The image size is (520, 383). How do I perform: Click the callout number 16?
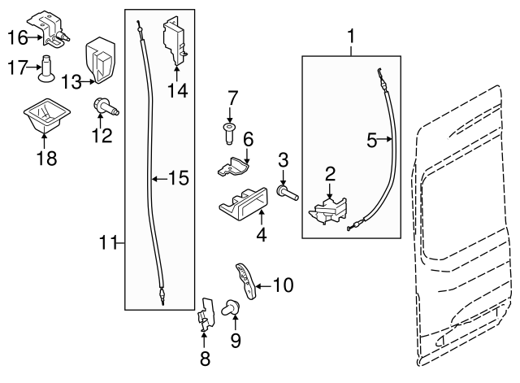[x=17, y=37]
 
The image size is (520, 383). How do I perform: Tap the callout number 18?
[x=47, y=158]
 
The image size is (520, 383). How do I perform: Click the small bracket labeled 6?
[x=232, y=167]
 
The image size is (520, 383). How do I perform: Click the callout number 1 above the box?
[x=351, y=36]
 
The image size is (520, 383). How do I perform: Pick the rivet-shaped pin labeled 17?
[x=47, y=70]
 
